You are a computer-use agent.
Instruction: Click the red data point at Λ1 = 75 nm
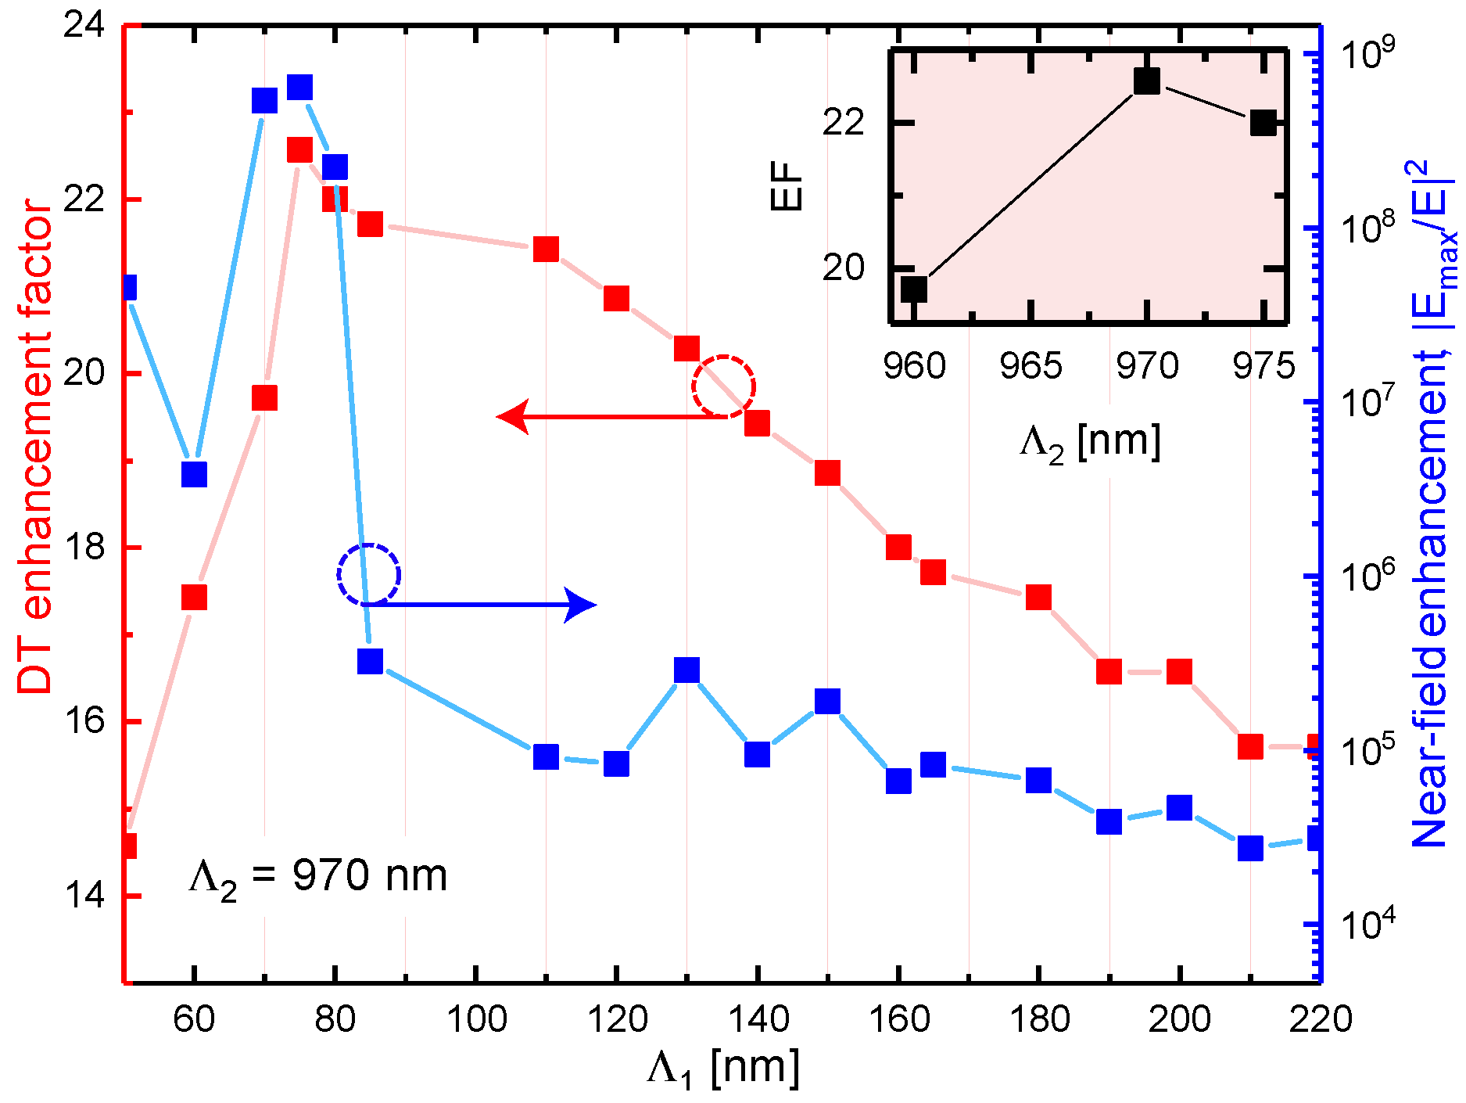click(x=299, y=149)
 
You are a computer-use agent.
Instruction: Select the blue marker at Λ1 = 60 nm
click(x=194, y=474)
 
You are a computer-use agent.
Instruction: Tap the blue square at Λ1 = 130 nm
click(x=686, y=670)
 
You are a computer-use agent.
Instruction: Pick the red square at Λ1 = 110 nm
click(x=546, y=250)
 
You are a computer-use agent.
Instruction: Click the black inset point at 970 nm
click(x=1147, y=80)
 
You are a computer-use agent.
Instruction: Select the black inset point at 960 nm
click(x=914, y=289)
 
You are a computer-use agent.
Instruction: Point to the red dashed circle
click(x=723, y=386)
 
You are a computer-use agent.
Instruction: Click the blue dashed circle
click(x=369, y=575)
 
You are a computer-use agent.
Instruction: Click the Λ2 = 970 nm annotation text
click(x=317, y=877)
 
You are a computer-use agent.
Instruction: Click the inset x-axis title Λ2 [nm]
click(x=1090, y=443)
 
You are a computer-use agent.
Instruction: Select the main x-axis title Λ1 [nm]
click(x=723, y=1069)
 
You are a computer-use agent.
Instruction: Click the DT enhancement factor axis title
click(x=35, y=446)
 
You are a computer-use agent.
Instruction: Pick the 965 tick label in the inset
click(x=1031, y=366)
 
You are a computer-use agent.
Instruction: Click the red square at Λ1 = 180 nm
click(x=1038, y=598)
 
